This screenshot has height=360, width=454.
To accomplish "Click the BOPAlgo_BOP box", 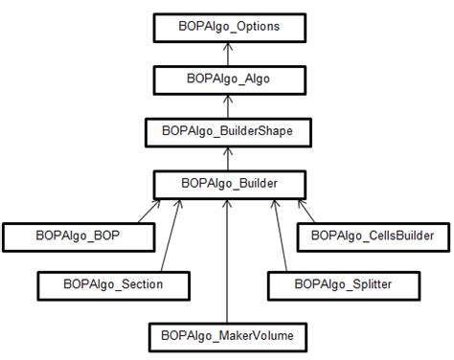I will tap(79, 233).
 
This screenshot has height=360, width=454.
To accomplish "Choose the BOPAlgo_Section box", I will tap(114, 284).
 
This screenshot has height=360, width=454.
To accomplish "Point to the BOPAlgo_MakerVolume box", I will tap(227, 336).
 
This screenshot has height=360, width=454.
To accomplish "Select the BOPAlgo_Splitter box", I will tap(343, 284).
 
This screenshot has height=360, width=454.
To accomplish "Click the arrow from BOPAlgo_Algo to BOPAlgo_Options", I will tap(228, 53).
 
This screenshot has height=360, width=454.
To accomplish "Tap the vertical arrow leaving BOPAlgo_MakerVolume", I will tap(226, 259).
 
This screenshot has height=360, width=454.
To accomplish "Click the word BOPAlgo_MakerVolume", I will tap(227, 336).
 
